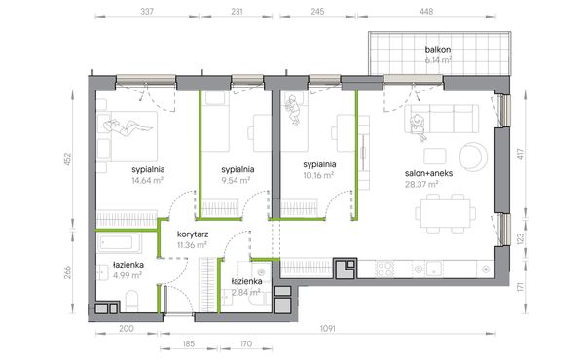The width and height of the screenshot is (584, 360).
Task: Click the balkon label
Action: click(x=438, y=50)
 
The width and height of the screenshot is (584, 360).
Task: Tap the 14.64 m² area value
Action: click(x=148, y=181)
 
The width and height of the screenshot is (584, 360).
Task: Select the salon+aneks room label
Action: click(x=428, y=173)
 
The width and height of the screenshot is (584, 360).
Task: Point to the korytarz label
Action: click(x=193, y=234)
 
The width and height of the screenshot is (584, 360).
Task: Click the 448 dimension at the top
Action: click(x=426, y=12)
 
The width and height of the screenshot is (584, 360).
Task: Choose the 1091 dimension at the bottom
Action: click(x=328, y=328)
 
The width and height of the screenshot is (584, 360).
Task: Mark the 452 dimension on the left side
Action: click(x=67, y=160)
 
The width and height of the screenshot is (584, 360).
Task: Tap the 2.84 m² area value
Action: click(x=246, y=292)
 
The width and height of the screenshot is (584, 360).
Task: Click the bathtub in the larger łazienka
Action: click(x=120, y=243)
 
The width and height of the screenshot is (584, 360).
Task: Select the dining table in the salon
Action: click(x=446, y=213)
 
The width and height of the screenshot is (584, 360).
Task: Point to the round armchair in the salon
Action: click(x=473, y=157)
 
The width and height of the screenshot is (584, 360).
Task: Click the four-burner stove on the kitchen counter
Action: click(x=384, y=269)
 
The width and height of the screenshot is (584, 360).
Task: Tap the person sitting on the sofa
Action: click(x=418, y=126)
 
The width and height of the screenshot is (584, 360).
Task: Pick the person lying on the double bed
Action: click(x=128, y=126)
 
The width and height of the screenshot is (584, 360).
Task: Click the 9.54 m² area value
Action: click(x=236, y=181)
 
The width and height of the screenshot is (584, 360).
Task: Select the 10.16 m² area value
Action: click(x=318, y=175)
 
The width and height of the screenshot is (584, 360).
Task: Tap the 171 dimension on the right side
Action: click(x=521, y=287)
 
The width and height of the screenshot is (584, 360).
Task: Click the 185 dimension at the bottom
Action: click(x=189, y=343)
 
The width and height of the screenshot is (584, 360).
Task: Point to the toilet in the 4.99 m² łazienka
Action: click(x=131, y=301)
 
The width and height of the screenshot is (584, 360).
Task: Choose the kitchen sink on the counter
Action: click(x=434, y=269)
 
